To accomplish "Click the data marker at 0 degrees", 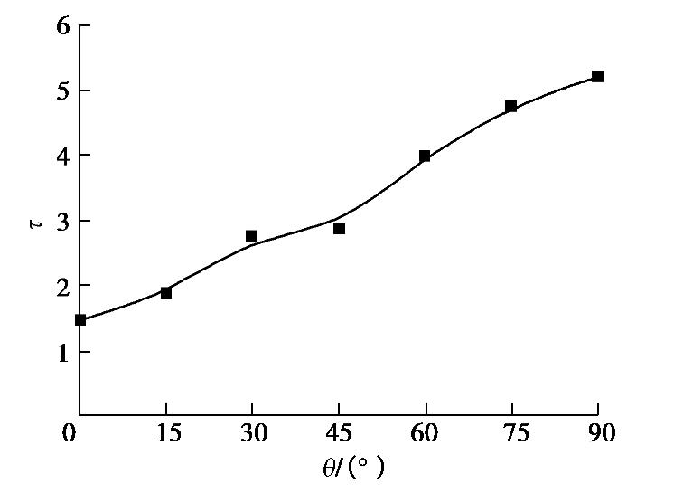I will pyautogui.click(x=80, y=319).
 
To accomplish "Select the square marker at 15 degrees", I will pyautogui.click(x=166, y=292).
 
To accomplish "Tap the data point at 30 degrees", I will pyautogui.click(x=251, y=236).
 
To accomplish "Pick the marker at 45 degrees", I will pyautogui.click(x=339, y=229).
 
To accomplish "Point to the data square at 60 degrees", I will pyautogui.click(x=425, y=156).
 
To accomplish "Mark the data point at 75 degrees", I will pyautogui.click(x=510, y=107).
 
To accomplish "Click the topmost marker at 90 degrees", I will pyautogui.click(x=597, y=77).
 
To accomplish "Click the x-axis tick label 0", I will pyautogui.click(x=69, y=434).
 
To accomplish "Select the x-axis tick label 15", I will pyautogui.click(x=167, y=434).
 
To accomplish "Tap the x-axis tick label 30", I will pyautogui.click(x=253, y=434).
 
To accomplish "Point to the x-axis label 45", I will pyautogui.click(x=339, y=434).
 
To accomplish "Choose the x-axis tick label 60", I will pyautogui.click(x=425, y=434).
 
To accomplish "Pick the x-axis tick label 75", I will pyautogui.click(x=510, y=434).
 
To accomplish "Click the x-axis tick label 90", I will pyautogui.click(x=597, y=434).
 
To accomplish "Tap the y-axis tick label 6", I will pyautogui.click(x=62, y=25).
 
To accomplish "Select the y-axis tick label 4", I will pyautogui.click(x=62, y=156).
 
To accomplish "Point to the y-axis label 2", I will pyautogui.click(x=62, y=286).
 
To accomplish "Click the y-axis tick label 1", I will pyautogui.click(x=62, y=351).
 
